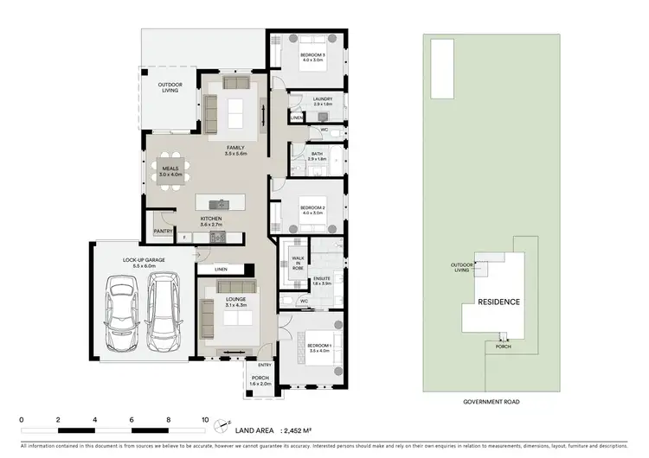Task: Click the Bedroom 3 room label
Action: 312,58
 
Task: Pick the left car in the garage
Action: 120,312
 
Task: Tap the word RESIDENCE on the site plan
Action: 496,302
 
